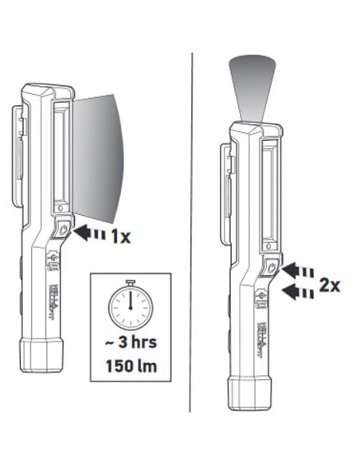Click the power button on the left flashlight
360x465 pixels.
pos(63,229)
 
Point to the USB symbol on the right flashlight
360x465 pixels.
pos(260,299)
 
